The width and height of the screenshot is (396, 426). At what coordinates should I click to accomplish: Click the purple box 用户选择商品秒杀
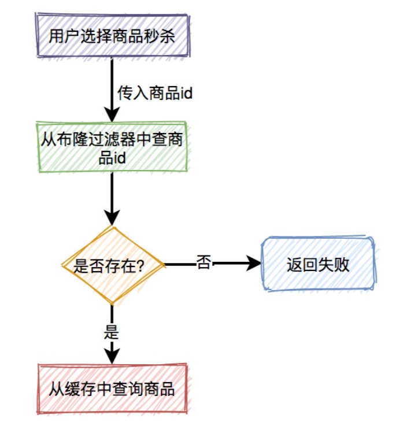coord(112,35)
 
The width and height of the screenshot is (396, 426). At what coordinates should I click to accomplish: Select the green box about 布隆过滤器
coord(112,147)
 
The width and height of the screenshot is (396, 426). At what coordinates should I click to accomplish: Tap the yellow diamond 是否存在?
coord(112,265)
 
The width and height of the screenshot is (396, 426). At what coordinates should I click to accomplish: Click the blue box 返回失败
coord(318,264)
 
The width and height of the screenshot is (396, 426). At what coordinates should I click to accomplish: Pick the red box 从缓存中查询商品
coord(112,388)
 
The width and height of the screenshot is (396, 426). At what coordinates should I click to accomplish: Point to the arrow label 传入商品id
coord(155,92)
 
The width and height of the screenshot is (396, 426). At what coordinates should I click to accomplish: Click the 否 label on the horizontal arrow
coord(203,262)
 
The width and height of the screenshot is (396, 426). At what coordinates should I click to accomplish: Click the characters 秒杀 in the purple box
coord(161,36)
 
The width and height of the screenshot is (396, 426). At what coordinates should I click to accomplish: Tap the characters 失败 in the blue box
coord(334,265)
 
